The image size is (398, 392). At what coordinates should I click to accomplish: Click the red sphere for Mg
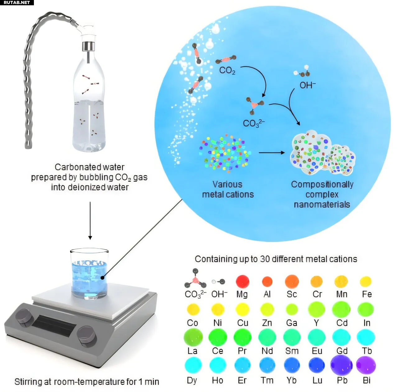243,281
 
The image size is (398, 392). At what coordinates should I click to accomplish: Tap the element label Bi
367,380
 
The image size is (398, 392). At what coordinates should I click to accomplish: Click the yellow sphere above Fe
366,281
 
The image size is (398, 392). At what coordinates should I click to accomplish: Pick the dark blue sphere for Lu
317,365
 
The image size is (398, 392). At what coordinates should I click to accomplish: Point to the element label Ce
218,351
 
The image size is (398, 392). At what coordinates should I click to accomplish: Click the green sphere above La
193,337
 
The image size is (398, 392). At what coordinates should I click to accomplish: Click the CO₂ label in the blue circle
227,71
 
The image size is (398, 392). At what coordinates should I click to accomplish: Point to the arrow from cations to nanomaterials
271,153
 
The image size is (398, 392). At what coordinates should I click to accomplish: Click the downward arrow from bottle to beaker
90,221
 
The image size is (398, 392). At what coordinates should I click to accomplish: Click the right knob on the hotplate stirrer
86,335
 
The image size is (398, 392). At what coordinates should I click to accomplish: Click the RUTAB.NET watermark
16,2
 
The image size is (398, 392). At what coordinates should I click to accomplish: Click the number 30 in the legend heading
265,259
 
